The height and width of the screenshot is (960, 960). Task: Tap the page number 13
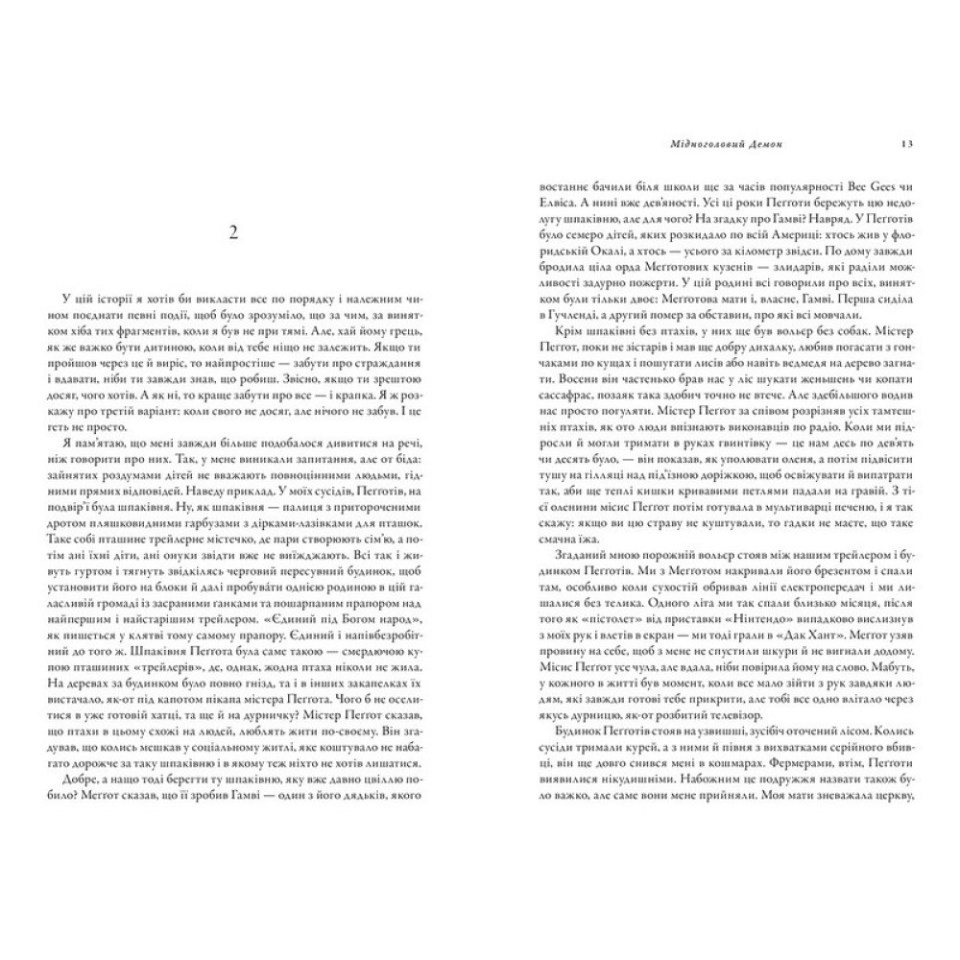906,144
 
